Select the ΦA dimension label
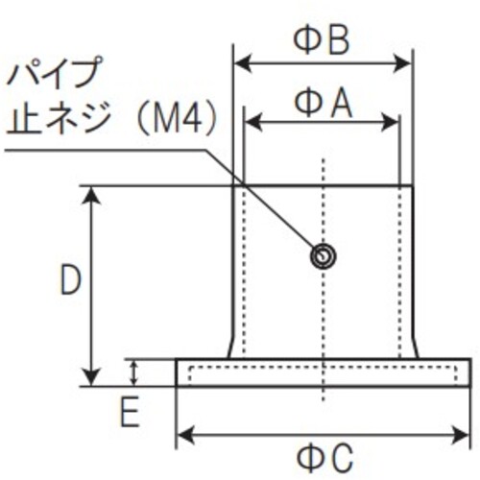pos(324,103)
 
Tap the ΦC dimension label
pos(325,458)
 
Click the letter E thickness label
pos(130,412)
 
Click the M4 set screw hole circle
pos(323,256)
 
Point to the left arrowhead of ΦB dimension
pos(242,63)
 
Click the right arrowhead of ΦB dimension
pos(402,63)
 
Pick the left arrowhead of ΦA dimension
pos(253,122)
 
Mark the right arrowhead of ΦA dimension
pos(390,122)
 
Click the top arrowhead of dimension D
pos(92,195)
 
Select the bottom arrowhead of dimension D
pos(92,377)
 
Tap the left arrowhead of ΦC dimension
pos(186,435)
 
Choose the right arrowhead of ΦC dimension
pos(460,435)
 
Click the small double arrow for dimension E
pos(134,372)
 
